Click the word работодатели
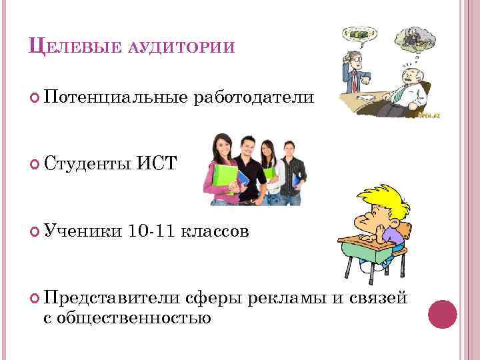point(253,98)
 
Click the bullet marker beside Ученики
point(35,231)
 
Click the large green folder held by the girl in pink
point(225,179)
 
